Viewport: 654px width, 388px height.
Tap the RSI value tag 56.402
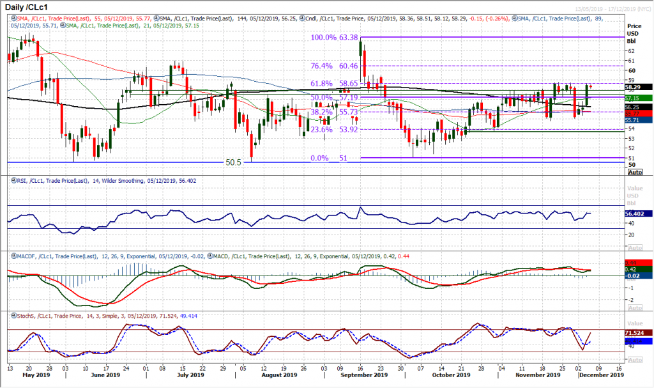point(639,215)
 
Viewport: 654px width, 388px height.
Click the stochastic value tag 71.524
point(639,334)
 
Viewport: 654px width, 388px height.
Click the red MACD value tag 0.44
point(639,262)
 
